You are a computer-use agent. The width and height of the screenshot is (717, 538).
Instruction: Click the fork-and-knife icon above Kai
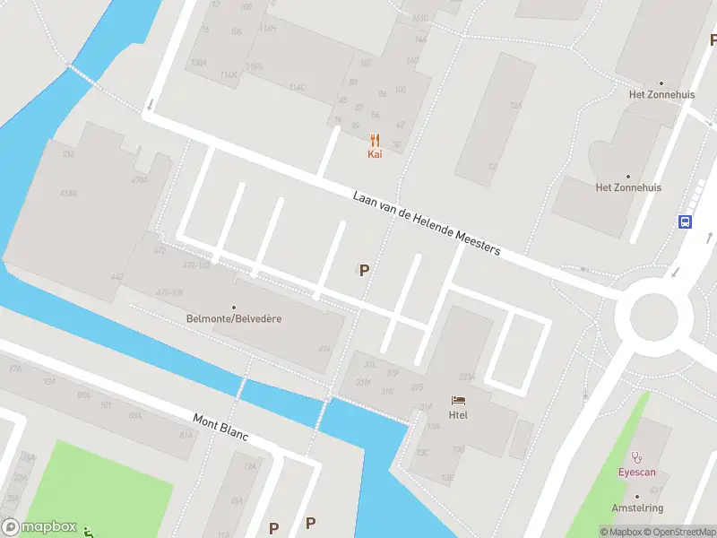click(x=375, y=140)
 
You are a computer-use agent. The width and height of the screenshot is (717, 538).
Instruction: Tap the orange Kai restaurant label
click(x=375, y=154)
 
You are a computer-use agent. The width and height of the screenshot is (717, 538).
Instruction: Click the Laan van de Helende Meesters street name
click(x=426, y=222)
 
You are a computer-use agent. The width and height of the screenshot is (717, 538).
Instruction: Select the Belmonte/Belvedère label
click(x=234, y=318)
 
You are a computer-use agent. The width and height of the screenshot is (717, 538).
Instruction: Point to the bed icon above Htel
click(x=458, y=400)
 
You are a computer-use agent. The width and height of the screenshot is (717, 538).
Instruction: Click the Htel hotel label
click(x=458, y=413)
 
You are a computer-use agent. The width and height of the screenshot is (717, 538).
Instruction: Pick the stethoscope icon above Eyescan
click(x=637, y=456)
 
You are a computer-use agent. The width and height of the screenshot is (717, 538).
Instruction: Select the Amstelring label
click(x=637, y=508)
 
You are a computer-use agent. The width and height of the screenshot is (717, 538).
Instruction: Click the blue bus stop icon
click(x=685, y=221)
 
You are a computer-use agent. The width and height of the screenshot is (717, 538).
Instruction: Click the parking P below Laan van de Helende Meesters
click(x=364, y=269)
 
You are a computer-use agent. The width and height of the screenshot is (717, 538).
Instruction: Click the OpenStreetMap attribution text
click(x=678, y=532)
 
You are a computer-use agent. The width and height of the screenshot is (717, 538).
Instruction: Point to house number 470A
click(x=139, y=180)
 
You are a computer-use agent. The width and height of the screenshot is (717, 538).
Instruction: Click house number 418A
click(x=68, y=193)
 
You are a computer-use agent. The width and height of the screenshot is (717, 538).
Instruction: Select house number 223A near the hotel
click(x=467, y=377)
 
